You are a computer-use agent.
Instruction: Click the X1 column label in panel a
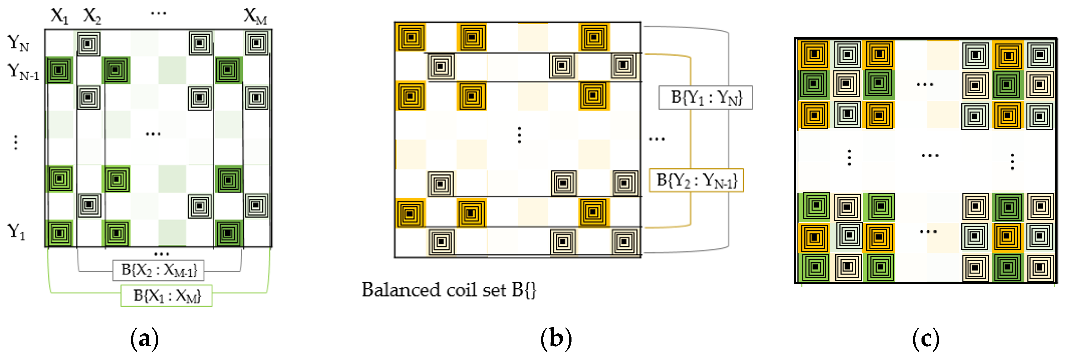point(59,16)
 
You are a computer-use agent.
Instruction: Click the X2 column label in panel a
point(92,16)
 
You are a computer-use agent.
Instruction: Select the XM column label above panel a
point(255,17)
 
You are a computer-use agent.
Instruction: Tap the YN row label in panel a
point(18,43)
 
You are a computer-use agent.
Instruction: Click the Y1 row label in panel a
point(17,232)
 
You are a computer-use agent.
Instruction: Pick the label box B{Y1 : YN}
point(706,97)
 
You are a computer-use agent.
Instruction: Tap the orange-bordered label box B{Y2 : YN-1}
point(696,180)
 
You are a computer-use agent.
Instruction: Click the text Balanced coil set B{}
point(449,289)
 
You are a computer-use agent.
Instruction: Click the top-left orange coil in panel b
point(410,38)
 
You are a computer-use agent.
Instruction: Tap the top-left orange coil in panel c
point(814,54)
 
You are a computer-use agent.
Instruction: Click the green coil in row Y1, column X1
point(60,233)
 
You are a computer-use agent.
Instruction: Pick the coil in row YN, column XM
point(256,43)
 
